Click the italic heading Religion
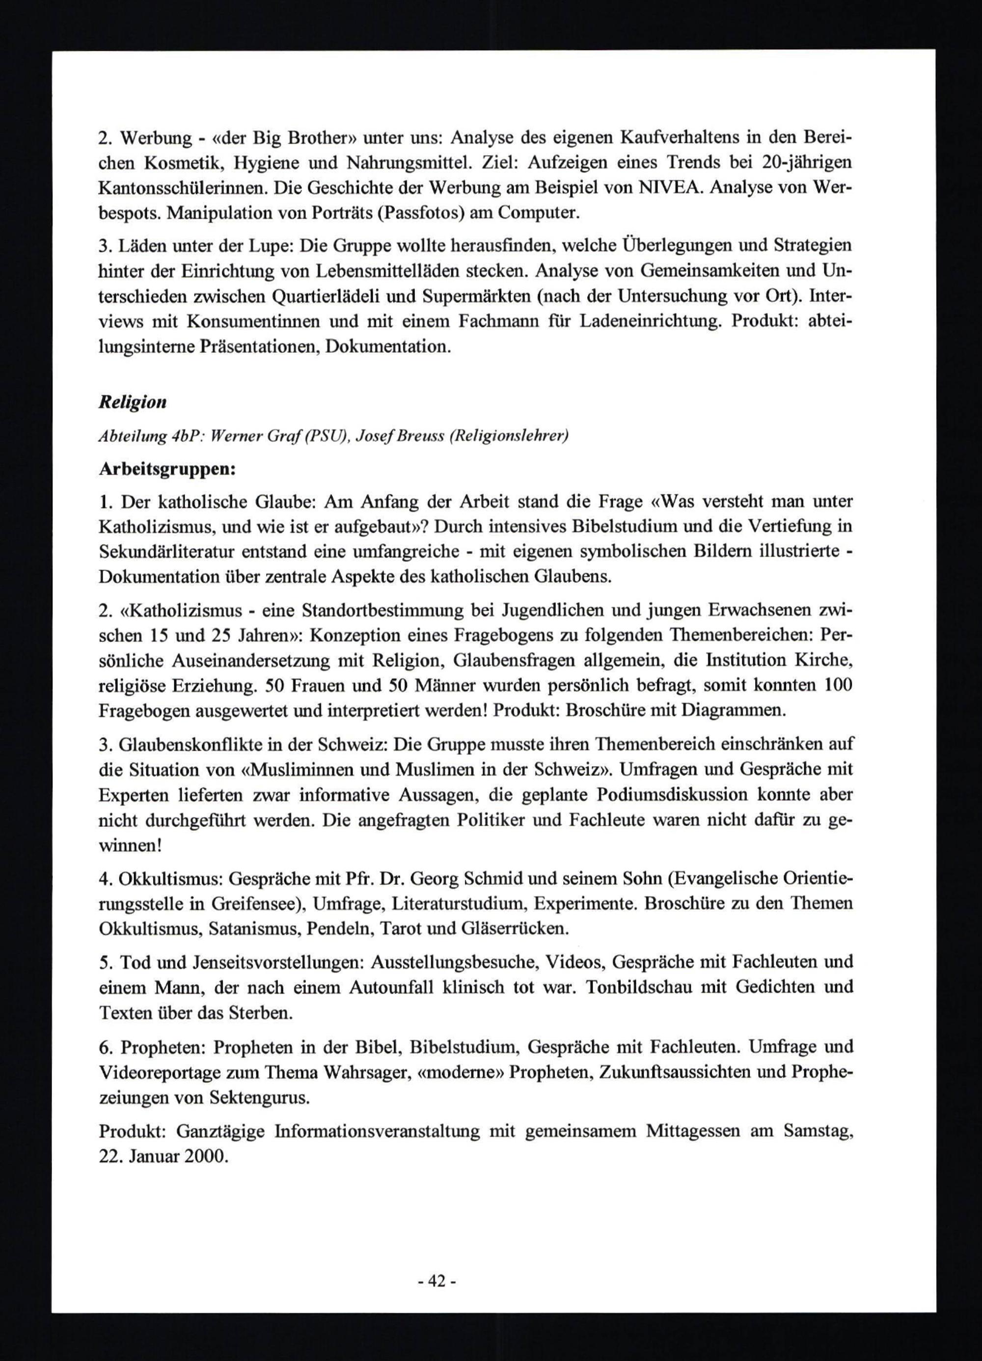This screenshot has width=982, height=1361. coord(132,402)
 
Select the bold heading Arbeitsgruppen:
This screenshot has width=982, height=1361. coord(167,469)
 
